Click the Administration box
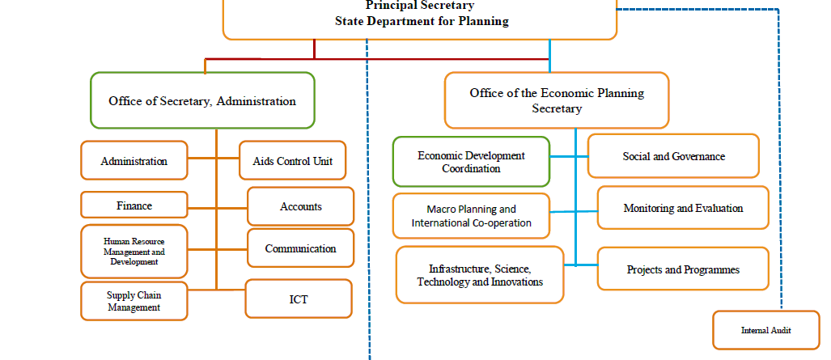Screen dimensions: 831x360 click(134, 161)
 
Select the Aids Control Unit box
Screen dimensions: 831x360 click(293, 161)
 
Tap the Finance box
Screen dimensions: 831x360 click(134, 205)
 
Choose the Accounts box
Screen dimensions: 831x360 click(300, 206)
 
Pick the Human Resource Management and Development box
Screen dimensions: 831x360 click(134, 252)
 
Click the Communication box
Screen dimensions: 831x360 click(300, 248)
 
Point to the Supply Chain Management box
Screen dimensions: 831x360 click(134, 301)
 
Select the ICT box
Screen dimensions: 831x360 click(299, 299)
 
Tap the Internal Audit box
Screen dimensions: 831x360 click(766, 330)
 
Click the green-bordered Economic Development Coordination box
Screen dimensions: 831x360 click(471, 162)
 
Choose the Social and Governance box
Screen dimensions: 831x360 click(673, 156)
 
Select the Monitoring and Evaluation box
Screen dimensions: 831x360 click(683, 208)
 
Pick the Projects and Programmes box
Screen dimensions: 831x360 click(683, 269)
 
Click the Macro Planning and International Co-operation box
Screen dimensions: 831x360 click(471, 216)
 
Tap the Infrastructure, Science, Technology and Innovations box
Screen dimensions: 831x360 click(480, 274)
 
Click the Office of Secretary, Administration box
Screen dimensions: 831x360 click(202, 101)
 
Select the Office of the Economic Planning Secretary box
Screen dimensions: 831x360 click(557, 101)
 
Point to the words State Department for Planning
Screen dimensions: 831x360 click(422, 21)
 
